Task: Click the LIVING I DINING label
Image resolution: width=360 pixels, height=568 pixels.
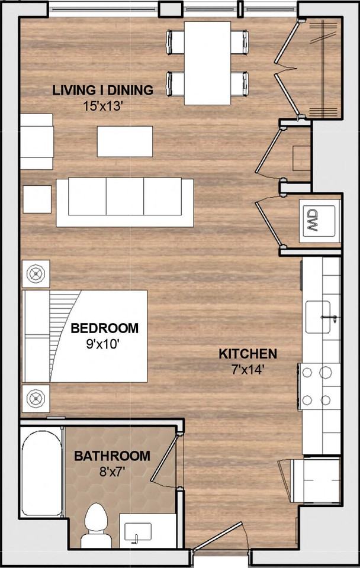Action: tap(102, 90)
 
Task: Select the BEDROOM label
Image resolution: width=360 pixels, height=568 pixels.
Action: tap(104, 328)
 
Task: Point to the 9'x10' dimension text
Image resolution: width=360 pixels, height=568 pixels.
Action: tap(104, 344)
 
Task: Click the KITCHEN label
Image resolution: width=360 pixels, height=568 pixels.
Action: tap(247, 354)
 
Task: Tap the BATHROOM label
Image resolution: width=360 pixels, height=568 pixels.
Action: tap(112, 456)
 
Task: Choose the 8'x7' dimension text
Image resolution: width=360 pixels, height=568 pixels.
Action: tap(112, 473)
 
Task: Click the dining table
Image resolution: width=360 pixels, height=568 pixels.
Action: tap(207, 63)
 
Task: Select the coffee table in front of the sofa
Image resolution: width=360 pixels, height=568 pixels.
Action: tap(124, 141)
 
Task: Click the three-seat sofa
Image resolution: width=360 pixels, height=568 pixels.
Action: tap(125, 202)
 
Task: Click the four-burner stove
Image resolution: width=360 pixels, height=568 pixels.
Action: tap(316, 386)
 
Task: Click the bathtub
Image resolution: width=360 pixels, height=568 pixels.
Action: tap(41, 473)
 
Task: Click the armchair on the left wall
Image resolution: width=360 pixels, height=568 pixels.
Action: tap(37, 141)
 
